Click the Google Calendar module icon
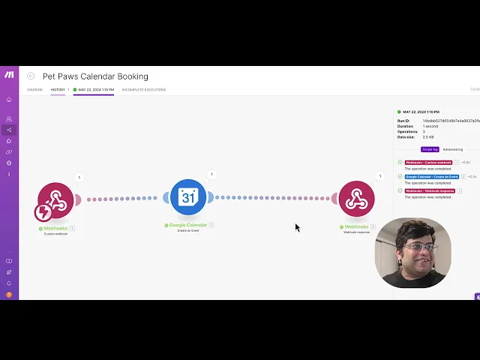[x=187, y=197]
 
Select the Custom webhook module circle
[x=56, y=199]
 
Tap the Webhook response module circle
[x=356, y=199]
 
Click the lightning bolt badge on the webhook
[x=43, y=212]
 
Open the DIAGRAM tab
[x=35, y=90]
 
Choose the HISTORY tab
[x=58, y=90]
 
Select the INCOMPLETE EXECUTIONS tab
[x=144, y=90]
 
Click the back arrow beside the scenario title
[x=31, y=76]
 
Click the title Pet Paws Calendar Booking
[x=95, y=76]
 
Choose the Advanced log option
[x=453, y=149]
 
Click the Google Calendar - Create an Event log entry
[x=433, y=176]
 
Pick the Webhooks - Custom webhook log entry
[x=429, y=162]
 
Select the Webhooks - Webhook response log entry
[x=430, y=190]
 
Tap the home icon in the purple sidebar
[x=9, y=100]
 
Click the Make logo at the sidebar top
[x=9, y=75]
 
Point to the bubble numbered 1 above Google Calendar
[x=211, y=174]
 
